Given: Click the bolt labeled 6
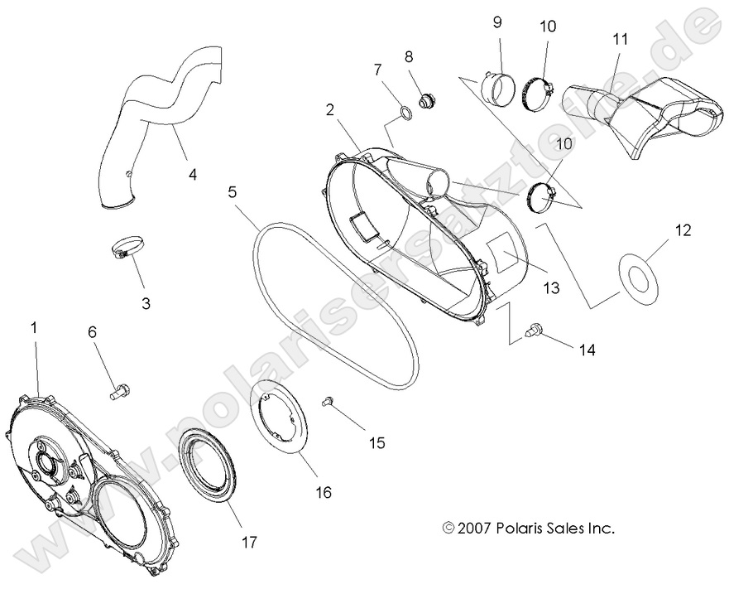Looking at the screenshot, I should pyautogui.click(x=119, y=388).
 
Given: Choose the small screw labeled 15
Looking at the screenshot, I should pyautogui.click(x=328, y=402).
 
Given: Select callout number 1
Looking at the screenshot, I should pyautogui.click(x=34, y=328).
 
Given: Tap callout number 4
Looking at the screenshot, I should pyautogui.click(x=192, y=175).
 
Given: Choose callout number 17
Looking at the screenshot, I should pyautogui.click(x=248, y=543).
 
